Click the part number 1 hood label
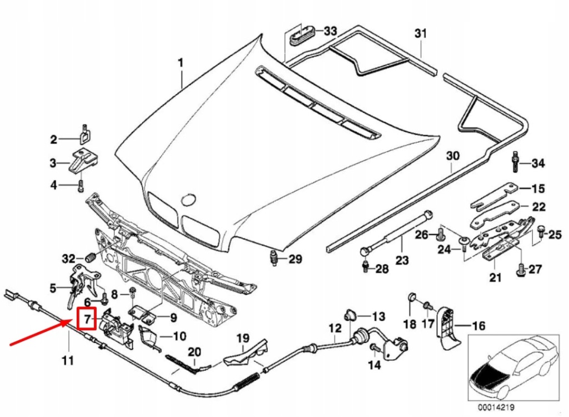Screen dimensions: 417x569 tap(180, 63)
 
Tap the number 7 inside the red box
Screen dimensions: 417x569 tap(87, 319)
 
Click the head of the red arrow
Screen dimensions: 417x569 tap(76, 322)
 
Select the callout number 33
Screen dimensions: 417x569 tap(330, 31)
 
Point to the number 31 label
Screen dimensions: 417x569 tap(420, 34)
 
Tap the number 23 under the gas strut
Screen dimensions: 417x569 tap(401, 260)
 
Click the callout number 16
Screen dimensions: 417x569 tap(478, 326)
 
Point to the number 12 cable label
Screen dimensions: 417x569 tap(335, 329)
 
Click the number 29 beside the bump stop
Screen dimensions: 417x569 tap(295, 259)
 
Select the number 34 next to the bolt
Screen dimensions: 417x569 tap(538, 163)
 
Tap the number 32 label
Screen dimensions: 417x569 tap(68, 259)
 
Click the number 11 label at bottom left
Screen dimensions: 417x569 tap(67, 361)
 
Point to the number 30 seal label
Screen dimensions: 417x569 tap(453, 156)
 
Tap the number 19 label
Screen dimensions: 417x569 tap(243, 338)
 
